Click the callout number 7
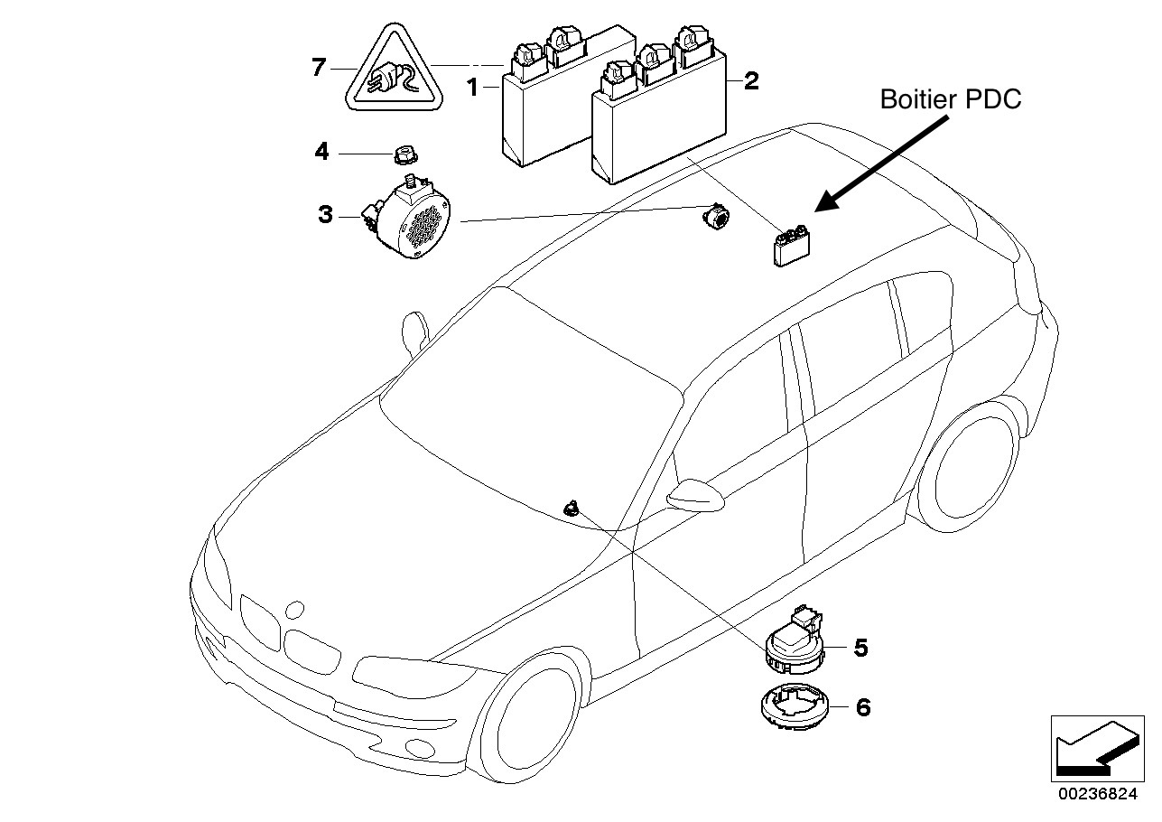tap(318, 68)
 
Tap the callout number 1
tap(471, 88)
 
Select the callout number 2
tap(750, 82)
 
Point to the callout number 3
tap(326, 215)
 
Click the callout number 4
tap(322, 153)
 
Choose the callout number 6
tap(863, 707)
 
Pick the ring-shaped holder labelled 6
tap(789, 705)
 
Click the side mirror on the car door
tap(696, 495)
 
